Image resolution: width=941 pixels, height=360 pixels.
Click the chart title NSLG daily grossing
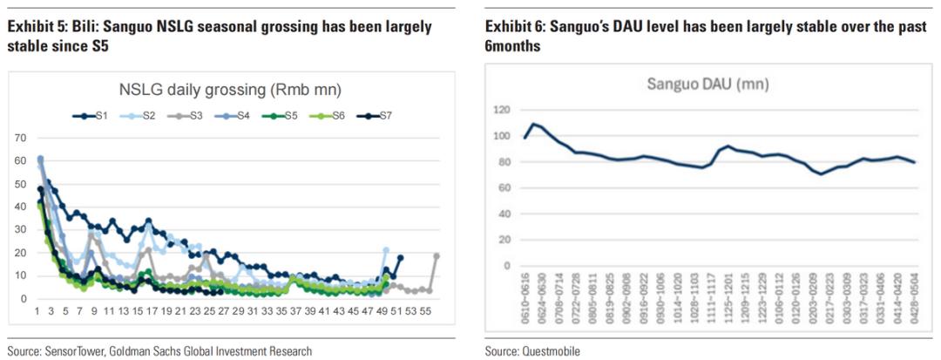[230, 89]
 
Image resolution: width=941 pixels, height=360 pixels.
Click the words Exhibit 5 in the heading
[34, 27]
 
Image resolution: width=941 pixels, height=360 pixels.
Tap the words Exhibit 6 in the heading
[512, 27]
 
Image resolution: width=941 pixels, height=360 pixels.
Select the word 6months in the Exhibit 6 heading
[512, 45]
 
